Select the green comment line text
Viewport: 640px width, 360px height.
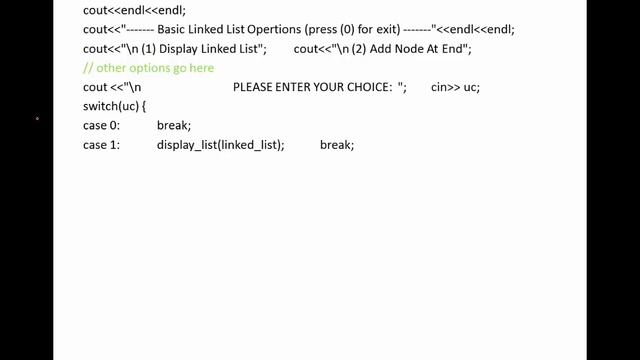click(x=148, y=68)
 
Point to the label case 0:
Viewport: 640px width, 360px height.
click(x=102, y=126)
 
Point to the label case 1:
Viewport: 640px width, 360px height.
click(x=102, y=145)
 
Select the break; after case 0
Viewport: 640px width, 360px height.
click(x=174, y=126)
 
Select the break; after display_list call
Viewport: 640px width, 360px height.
click(x=337, y=145)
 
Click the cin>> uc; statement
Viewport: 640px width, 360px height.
click(x=455, y=87)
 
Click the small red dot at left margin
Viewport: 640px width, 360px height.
click(x=37, y=119)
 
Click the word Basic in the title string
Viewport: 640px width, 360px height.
click(x=172, y=30)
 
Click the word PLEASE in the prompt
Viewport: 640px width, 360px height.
click(x=254, y=87)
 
